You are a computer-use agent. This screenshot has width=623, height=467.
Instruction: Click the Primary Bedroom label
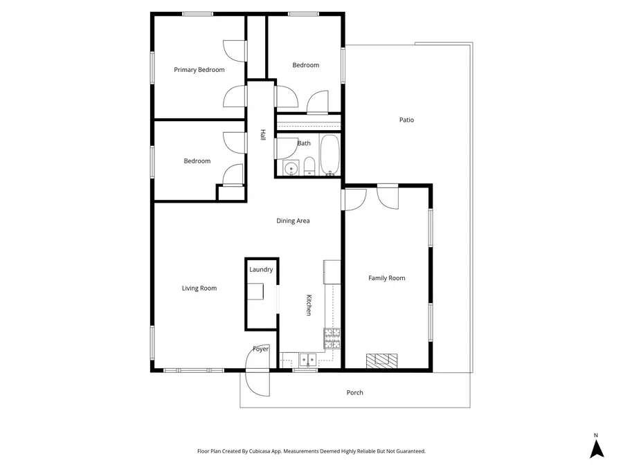point(199,70)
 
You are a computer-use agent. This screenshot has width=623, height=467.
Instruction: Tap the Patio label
point(406,120)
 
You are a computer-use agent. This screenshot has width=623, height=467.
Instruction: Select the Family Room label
point(386,278)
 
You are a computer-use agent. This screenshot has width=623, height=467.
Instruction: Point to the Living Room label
point(199,289)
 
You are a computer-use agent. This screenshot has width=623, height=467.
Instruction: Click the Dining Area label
point(293,221)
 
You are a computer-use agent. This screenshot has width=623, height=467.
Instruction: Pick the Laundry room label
point(261,270)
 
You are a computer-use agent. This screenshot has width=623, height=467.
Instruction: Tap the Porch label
point(355,393)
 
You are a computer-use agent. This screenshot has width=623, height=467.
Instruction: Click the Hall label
point(262,135)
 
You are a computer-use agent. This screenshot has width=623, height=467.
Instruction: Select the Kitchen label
point(309,305)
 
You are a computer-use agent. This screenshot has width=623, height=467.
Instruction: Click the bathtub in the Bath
point(329,155)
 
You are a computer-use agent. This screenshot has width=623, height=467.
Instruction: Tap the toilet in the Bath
point(309,166)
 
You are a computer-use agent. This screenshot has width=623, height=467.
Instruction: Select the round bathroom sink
point(291,168)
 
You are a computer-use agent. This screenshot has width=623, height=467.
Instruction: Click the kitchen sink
point(308,360)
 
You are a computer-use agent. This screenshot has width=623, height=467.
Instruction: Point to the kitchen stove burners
point(332,339)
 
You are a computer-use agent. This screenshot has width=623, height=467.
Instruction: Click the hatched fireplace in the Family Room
point(381,360)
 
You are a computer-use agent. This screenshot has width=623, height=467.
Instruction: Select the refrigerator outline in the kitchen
point(332,272)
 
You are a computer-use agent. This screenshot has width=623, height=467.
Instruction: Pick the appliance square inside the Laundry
point(256,291)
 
